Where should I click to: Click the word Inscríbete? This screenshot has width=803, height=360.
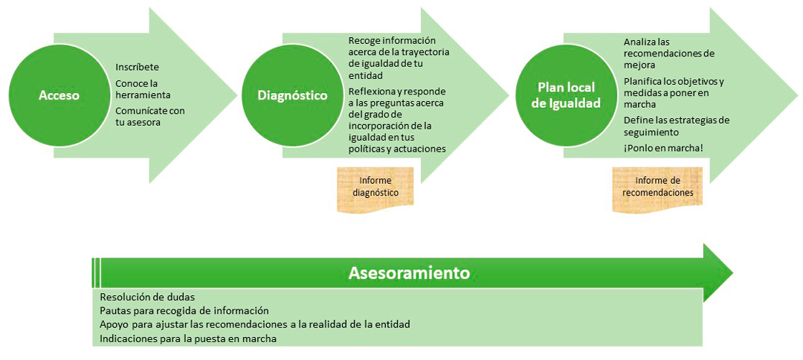[138, 67]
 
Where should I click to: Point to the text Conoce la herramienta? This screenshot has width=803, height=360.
[143, 89]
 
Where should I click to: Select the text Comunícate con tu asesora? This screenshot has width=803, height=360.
[150, 116]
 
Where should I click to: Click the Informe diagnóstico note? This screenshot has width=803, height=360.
[375, 187]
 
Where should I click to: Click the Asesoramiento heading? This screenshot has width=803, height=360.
[409, 272]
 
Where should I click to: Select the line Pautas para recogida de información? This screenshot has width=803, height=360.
[184, 311]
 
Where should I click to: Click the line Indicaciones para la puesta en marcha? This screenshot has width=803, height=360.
[188, 339]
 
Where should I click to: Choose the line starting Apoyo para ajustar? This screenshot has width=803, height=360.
[254, 325]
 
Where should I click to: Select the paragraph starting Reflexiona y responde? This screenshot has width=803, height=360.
[397, 120]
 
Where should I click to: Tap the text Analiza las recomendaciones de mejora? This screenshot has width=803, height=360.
[669, 53]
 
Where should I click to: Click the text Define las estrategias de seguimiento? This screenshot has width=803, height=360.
[677, 126]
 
